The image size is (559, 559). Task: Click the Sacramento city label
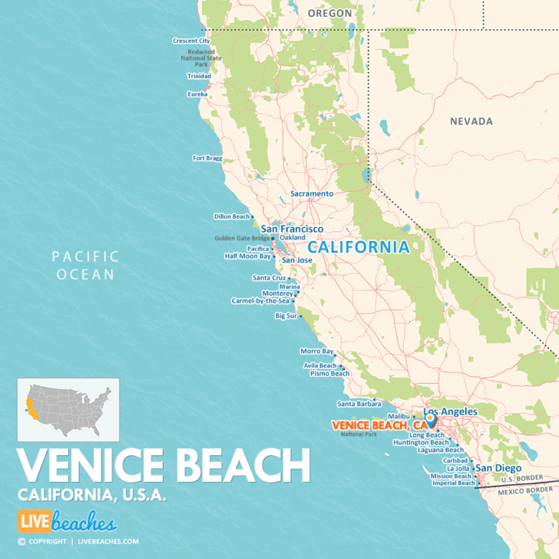point(312,194)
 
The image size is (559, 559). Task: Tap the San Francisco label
point(292,229)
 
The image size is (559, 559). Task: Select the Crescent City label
point(191,41)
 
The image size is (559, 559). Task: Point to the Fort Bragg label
point(208,158)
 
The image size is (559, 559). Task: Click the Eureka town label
point(197,94)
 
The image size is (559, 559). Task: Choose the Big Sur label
point(286,316)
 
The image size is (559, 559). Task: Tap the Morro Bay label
point(317,351)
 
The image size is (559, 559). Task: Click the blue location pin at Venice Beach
point(431,420)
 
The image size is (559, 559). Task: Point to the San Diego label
point(498,468)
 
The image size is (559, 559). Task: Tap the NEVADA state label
point(471,121)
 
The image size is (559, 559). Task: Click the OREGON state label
point(329,13)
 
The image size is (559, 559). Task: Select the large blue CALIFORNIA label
point(359,248)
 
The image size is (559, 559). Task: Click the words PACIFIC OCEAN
point(85,265)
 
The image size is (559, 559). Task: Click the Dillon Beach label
point(232,217)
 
